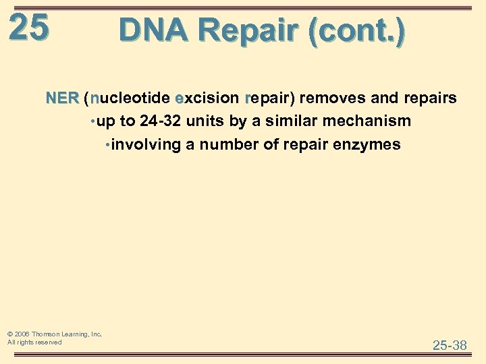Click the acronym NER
pyautogui.click(x=62, y=98)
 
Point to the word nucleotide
pyautogui.click(x=129, y=98)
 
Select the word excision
pyautogui.click(x=207, y=98)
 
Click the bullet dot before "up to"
pyautogui.click(x=92, y=122)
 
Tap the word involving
pyautogui.click(x=141, y=144)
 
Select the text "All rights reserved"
pyautogui.click(x=34, y=342)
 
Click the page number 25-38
pyautogui.click(x=450, y=345)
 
